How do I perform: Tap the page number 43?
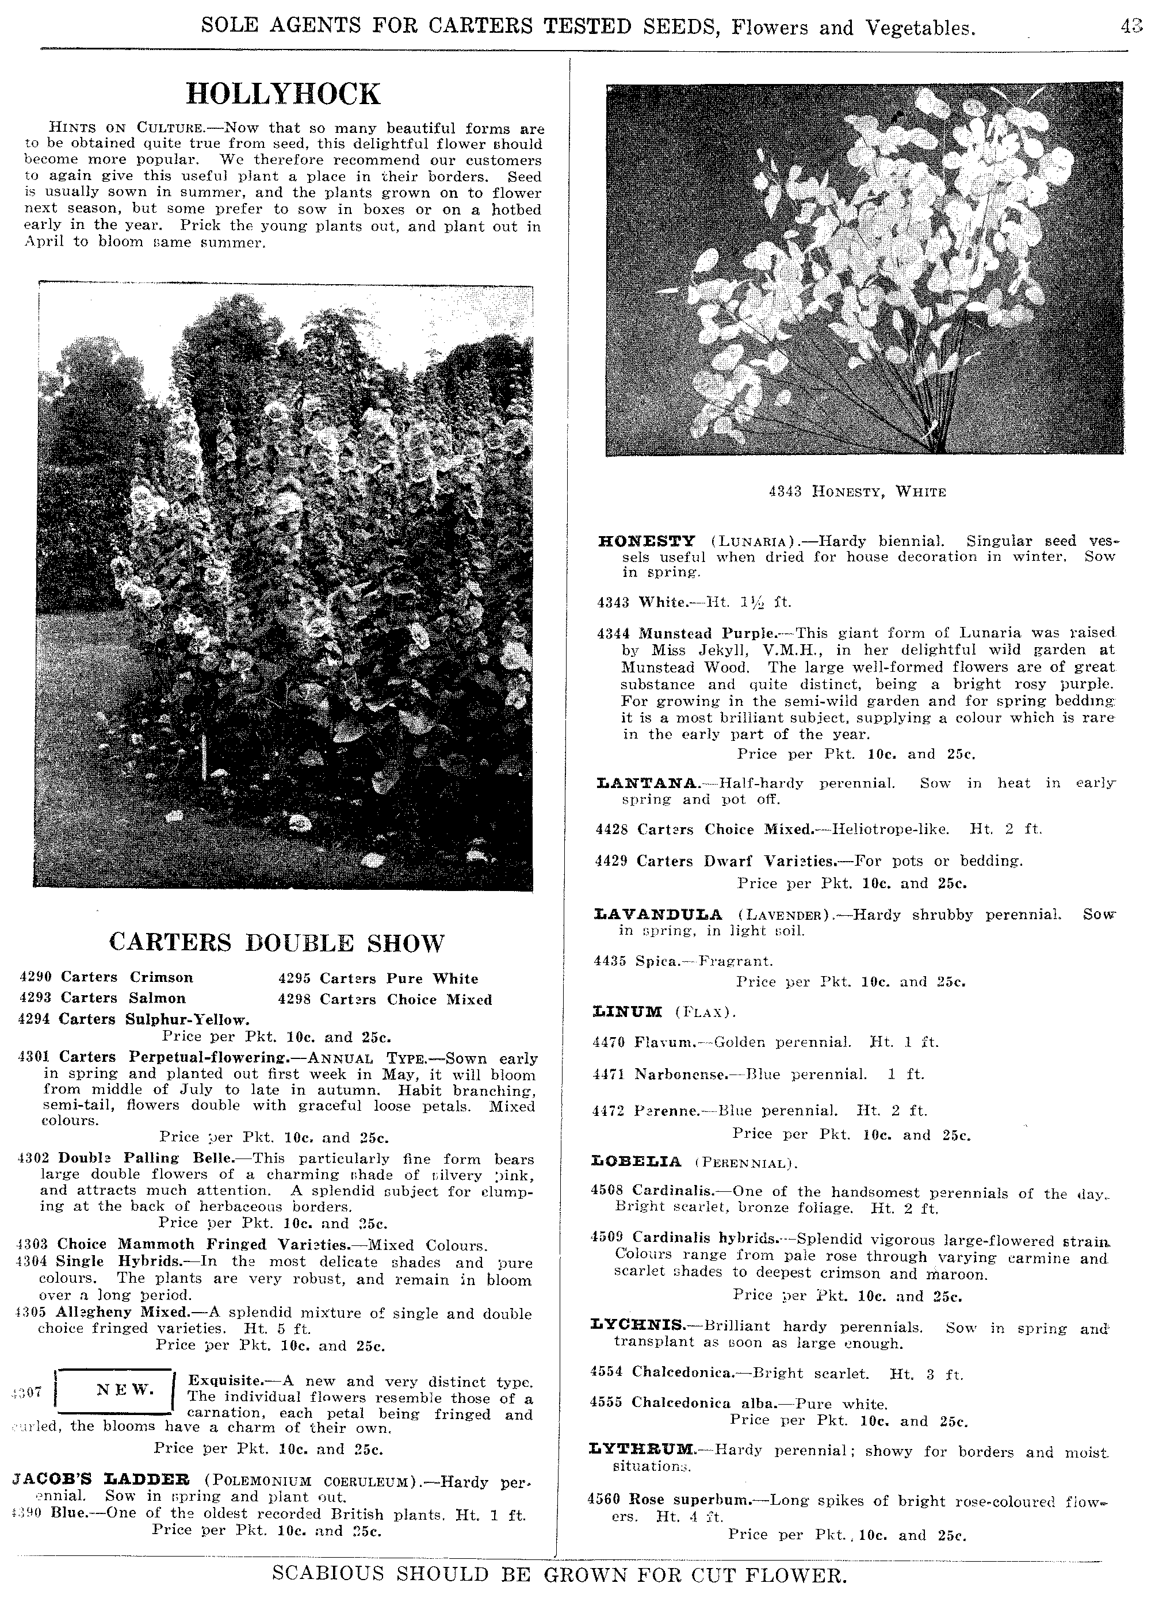click(1131, 27)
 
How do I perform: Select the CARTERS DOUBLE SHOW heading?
click(277, 943)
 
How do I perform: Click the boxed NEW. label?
click(125, 1389)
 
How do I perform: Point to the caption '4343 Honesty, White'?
click(857, 491)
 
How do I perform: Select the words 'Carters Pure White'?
click(399, 978)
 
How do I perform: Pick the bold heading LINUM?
click(627, 1011)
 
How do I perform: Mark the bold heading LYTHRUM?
click(641, 1450)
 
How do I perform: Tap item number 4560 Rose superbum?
click(603, 1500)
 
